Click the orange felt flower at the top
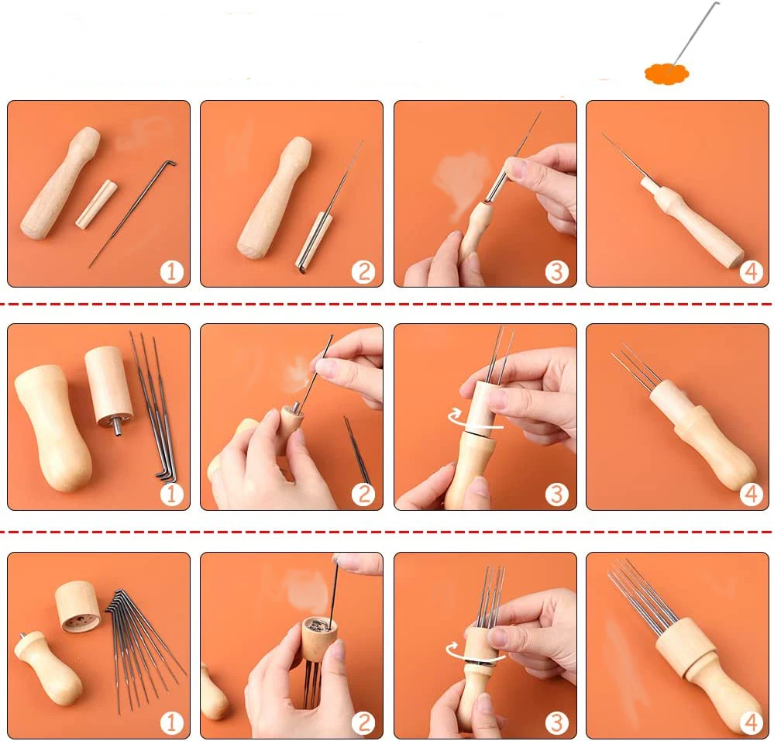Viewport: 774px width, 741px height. [666, 74]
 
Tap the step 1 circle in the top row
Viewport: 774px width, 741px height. [171, 272]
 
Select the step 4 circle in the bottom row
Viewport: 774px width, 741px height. [751, 723]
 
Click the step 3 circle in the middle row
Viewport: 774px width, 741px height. [557, 495]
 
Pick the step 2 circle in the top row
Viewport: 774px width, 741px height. [363, 272]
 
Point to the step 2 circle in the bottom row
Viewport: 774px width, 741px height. [363, 723]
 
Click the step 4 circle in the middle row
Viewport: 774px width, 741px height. [751, 495]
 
